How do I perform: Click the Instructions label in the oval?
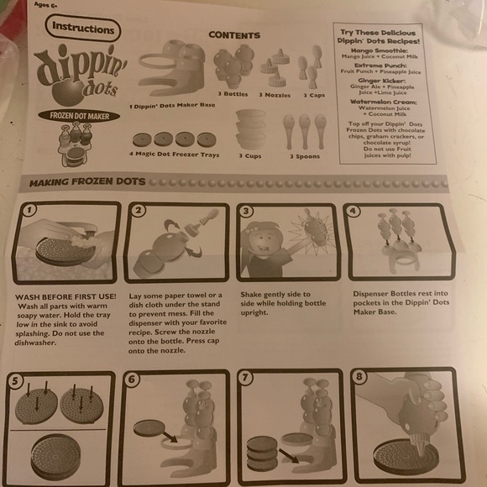point(83,29)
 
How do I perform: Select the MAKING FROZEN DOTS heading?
point(88,181)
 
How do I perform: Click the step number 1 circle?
point(30,210)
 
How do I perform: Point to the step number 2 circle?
point(139,210)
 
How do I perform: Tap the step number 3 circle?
point(247,211)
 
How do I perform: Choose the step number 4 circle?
point(353,210)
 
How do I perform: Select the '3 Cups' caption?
point(250,155)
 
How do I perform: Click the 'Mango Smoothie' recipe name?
point(387,51)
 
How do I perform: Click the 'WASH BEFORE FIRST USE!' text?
point(66,296)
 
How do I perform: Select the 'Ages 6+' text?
point(46,3)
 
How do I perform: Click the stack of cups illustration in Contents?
point(251,128)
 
